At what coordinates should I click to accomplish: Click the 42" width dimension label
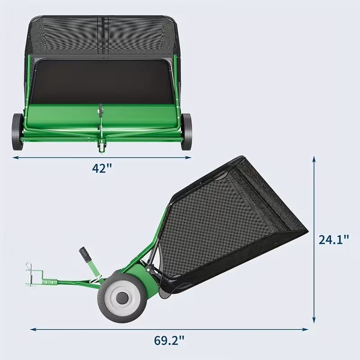102,168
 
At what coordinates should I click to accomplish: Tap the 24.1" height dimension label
334,239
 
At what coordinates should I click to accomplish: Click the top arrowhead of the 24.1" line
314,159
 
